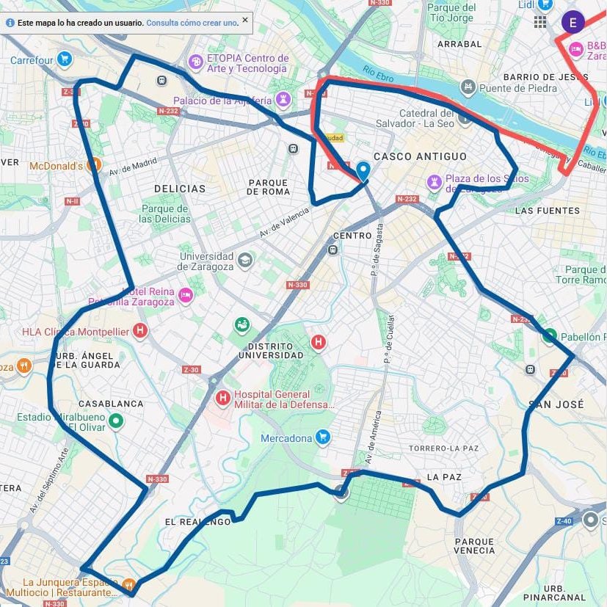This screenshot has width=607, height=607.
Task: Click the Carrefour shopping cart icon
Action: [65, 59]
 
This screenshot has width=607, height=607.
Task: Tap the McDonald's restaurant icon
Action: [93, 165]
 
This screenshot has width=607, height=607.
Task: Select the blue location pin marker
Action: [363, 171]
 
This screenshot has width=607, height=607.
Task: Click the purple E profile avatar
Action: [573, 22]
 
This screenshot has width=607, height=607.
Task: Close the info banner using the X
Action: [245, 20]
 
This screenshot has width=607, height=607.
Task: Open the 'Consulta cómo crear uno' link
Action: [192, 23]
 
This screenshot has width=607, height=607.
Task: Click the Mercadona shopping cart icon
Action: [323, 438]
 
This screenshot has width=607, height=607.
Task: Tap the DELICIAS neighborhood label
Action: [180, 189]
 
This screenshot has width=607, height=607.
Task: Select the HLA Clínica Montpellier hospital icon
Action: [139, 332]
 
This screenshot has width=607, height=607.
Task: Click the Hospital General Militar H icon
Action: [223, 398]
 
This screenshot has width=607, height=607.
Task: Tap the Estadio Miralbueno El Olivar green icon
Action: [115, 421]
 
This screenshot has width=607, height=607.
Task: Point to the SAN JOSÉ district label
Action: [556, 404]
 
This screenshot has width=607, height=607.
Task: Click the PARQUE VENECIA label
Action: [474, 546]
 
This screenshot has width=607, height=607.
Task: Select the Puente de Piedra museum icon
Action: [468, 88]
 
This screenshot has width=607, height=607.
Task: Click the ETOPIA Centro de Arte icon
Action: [195, 62]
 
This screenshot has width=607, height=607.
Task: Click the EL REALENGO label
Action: [197, 521]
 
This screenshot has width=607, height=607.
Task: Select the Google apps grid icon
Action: [540, 22]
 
